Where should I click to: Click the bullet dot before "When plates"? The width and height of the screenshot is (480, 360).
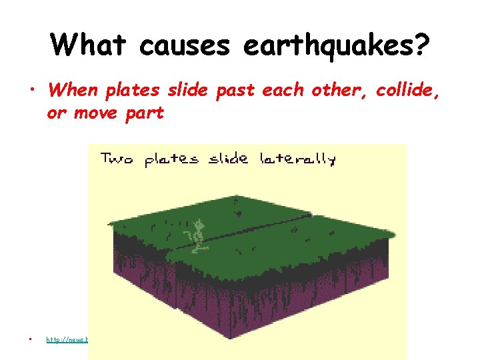31,89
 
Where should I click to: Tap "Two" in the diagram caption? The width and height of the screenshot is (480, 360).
117,159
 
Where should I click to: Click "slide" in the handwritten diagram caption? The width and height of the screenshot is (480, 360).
229,159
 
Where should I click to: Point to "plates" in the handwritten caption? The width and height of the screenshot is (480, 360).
171,159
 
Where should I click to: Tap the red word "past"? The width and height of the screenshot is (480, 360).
234,89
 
